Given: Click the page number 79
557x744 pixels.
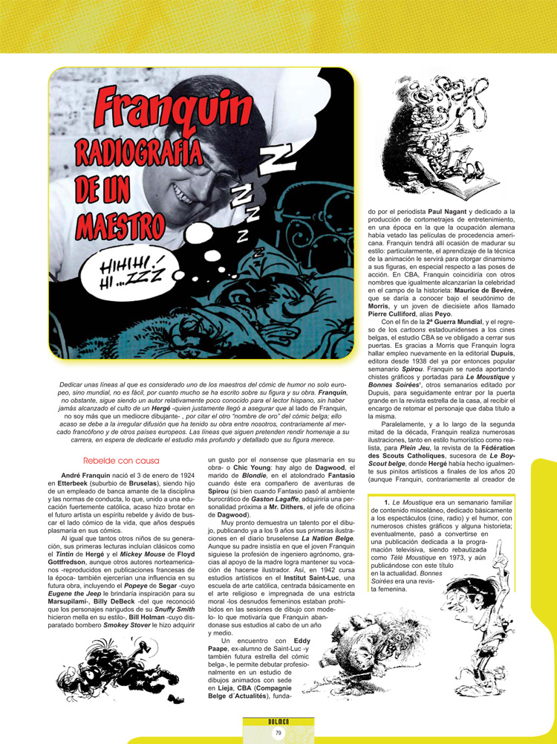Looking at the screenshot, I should click(x=278, y=733).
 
